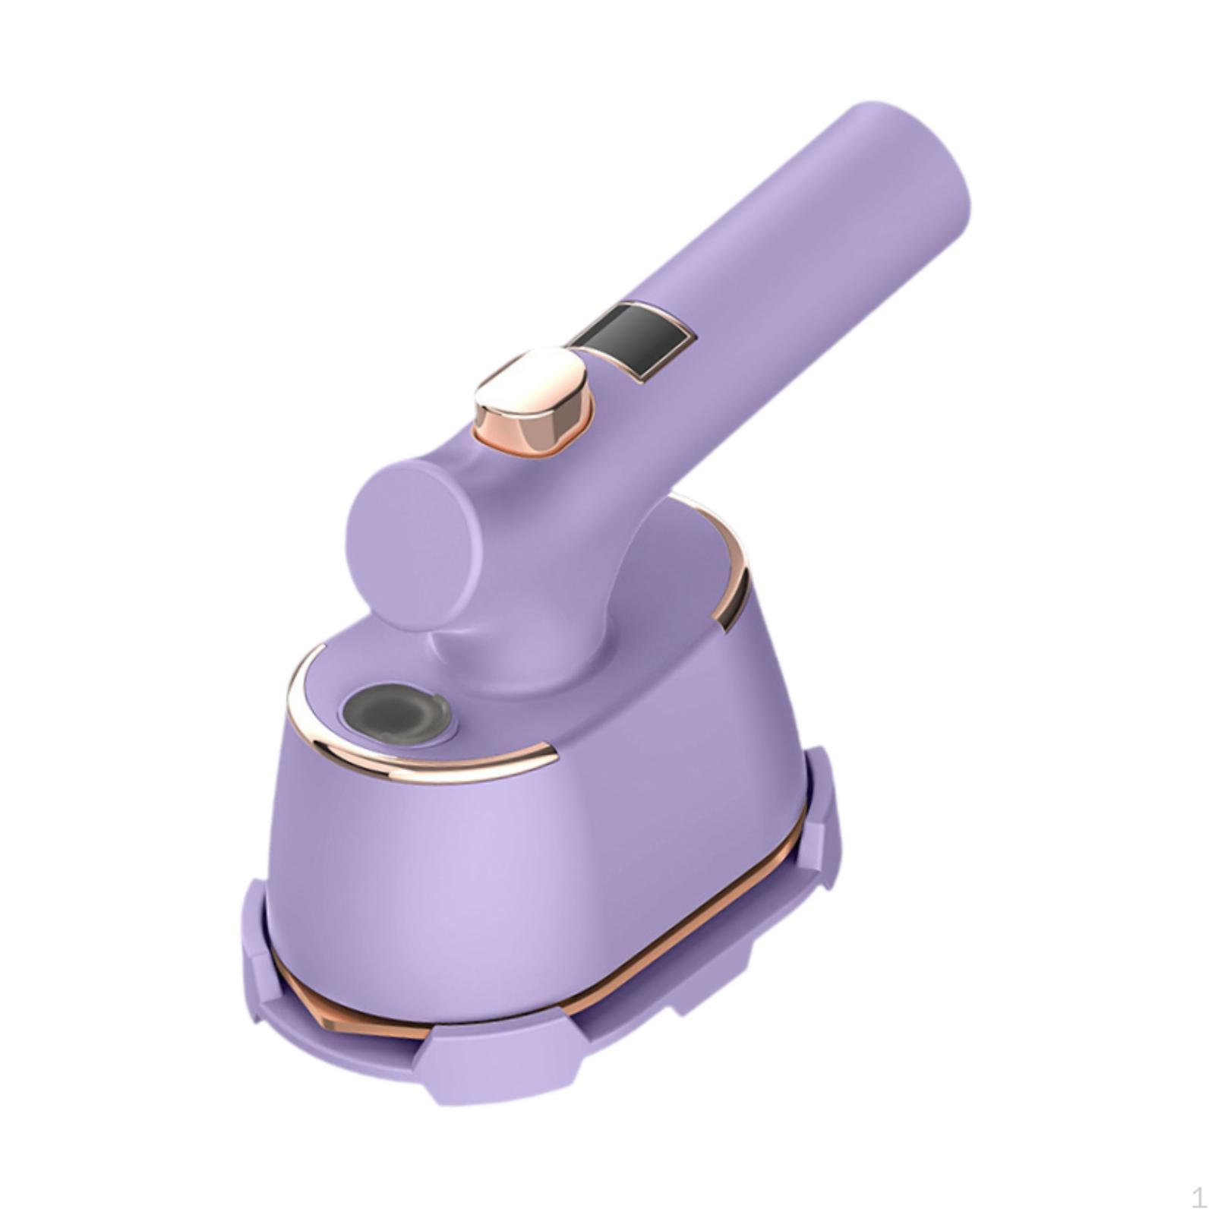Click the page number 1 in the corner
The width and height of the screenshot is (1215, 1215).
click(1198, 1198)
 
